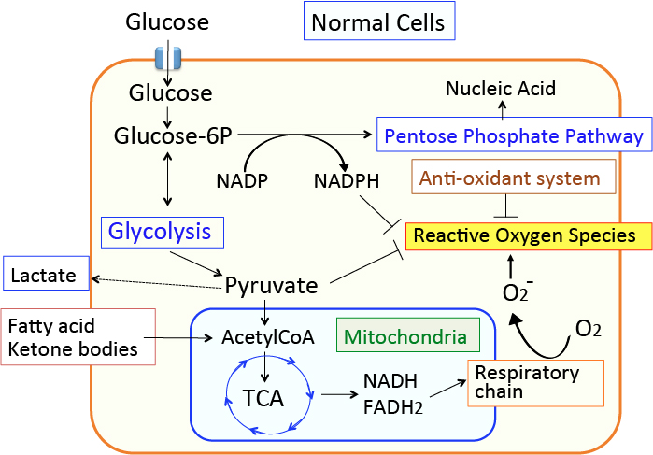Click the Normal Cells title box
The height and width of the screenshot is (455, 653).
pos(378,21)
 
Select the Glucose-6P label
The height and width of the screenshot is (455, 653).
pos(167,136)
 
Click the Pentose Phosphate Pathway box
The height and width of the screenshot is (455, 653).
pos(512,136)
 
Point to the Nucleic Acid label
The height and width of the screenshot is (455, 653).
pos(501,90)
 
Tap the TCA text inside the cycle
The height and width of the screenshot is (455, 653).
pos(264,399)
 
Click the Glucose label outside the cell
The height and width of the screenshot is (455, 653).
pos(167,21)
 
